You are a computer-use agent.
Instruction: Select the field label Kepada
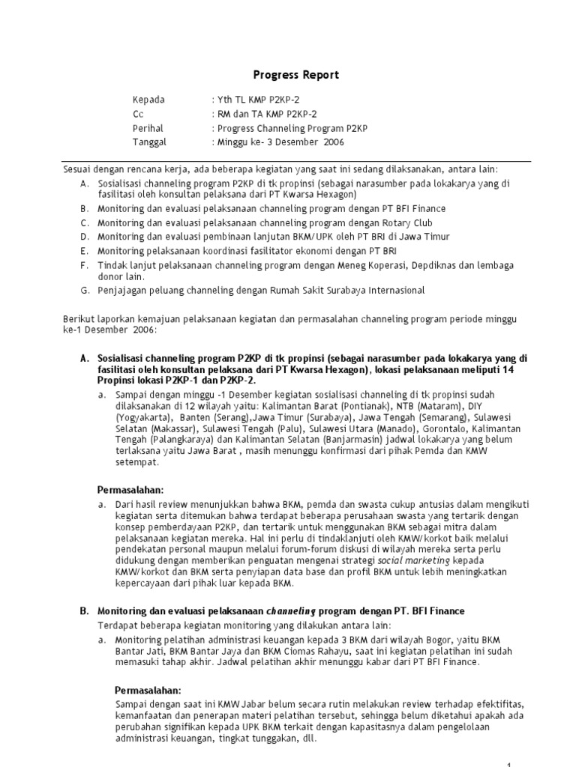pyautogui.click(x=148, y=100)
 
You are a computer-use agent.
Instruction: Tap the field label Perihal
pyautogui.click(x=148, y=127)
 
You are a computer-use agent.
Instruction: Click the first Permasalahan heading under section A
pyautogui.click(x=131, y=490)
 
